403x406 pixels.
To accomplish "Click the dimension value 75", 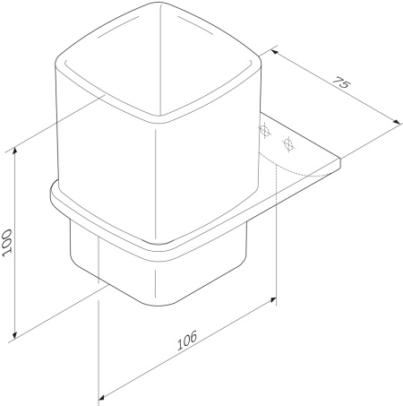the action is [340, 82].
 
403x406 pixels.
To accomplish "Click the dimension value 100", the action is [7, 242].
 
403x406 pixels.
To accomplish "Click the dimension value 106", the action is [187, 340].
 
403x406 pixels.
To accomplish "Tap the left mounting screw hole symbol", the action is [264, 131].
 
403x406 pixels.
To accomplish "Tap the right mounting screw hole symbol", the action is [288, 144].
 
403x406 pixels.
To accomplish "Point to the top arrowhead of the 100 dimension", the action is [14, 151].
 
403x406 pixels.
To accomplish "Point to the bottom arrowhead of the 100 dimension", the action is [14, 335].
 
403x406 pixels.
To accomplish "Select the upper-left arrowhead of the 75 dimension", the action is [275, 53].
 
